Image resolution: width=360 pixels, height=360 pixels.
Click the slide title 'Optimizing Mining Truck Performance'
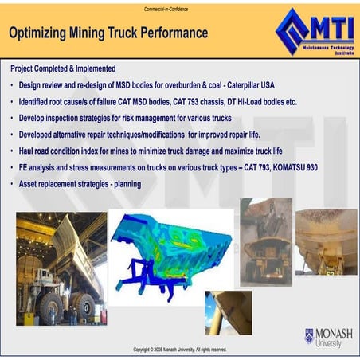108,33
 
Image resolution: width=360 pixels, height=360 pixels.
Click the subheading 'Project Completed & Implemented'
63,68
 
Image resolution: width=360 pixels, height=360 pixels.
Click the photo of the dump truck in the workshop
60,266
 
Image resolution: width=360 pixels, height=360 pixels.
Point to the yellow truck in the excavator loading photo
265,255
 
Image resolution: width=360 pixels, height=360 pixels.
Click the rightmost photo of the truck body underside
327,241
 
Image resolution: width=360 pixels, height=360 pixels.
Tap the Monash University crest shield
309,336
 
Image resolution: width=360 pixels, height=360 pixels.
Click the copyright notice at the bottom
179,350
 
